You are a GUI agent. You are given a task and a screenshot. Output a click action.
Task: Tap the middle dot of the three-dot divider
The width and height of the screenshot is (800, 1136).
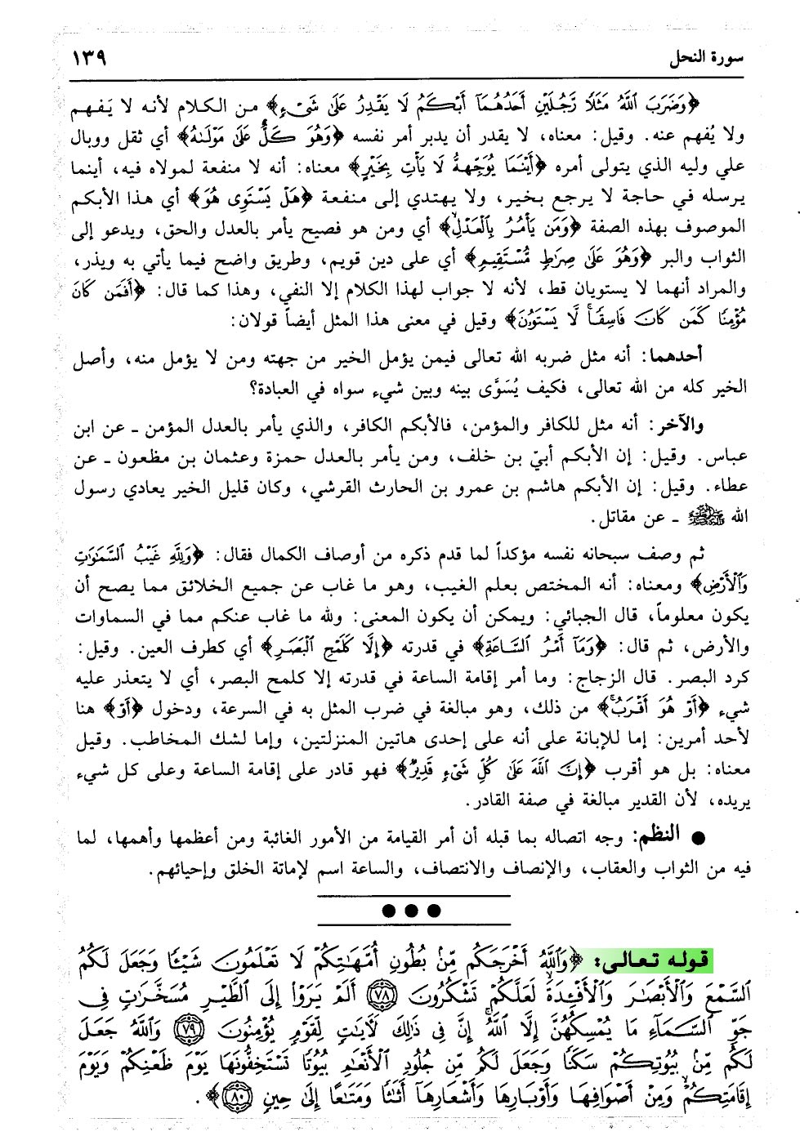coord(410,909)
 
